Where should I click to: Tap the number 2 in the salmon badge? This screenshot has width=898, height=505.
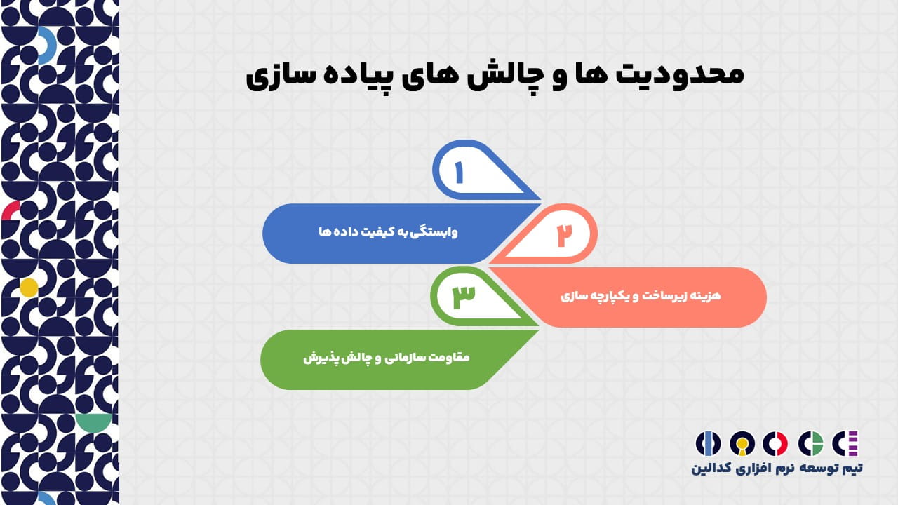(565, 235)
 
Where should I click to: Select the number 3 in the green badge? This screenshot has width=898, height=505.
(464, 297)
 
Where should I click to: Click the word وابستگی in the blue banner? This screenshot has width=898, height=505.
(434, 232)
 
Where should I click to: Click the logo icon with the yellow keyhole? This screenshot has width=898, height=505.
(742, 444)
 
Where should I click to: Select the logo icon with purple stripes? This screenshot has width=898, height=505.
(845, 444)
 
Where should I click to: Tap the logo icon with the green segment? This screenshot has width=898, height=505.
(810, 444)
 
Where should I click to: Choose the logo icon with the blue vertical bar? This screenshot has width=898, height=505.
(708, 444)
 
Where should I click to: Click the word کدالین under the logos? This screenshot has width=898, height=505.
(711, 468)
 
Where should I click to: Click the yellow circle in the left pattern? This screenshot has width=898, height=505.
(29, 288)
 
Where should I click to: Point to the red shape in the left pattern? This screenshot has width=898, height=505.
(10, 211)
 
